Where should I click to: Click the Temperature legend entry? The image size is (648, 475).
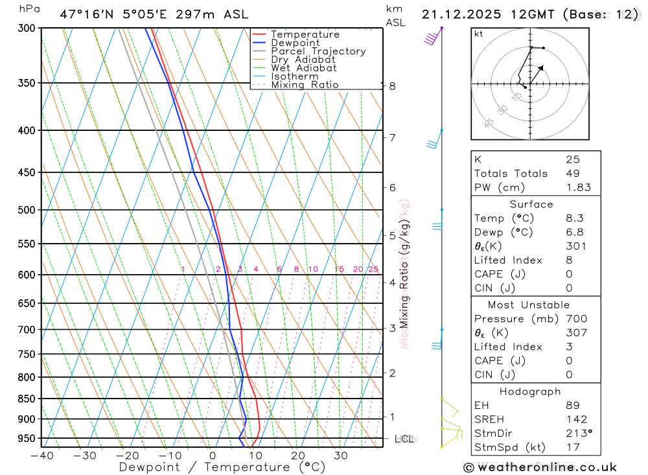[305, 34]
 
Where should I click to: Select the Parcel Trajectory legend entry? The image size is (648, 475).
[318, 51]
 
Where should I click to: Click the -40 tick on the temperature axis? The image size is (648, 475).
[41, 456]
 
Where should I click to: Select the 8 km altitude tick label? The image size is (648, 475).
[392, 86]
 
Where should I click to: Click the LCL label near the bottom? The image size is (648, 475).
[404, 439]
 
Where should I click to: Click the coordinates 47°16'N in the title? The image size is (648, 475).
[86, 14]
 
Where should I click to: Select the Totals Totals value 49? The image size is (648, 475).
[573, 173]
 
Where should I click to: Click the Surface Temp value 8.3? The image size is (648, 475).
[574, 218]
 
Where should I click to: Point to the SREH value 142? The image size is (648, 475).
[576, 419]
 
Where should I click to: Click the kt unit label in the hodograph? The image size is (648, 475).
[478, 34]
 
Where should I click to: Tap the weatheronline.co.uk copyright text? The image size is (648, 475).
[540, 467]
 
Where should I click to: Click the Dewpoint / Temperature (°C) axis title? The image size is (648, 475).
[222, 467]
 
